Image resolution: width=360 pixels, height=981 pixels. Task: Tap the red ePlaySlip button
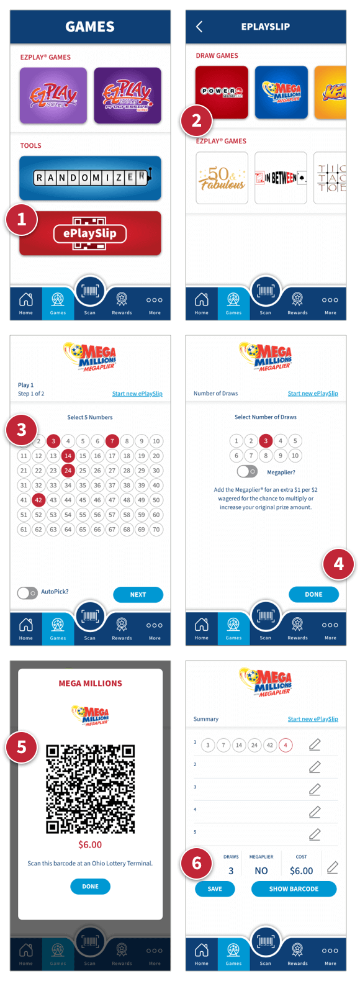(90, 233)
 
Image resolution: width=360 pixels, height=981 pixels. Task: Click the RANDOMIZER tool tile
(90, 178)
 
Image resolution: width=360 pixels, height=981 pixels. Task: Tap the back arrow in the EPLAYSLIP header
(199, 27)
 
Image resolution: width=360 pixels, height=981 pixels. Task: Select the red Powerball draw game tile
(222, 92)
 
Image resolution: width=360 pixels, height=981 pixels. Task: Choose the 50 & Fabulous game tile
(222, 178)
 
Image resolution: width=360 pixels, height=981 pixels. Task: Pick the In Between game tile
(281, 178)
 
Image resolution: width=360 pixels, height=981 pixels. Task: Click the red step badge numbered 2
(196, 120)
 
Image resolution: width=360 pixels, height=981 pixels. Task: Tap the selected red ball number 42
(38, 500)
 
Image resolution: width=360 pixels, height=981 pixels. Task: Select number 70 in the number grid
(156, 530)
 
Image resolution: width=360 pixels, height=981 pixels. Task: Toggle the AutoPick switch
(27, 593)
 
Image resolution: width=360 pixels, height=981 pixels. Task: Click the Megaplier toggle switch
(246, 472)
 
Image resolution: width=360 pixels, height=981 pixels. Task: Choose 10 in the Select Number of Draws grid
(295, 456)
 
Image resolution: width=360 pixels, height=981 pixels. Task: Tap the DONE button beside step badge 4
(313, 594)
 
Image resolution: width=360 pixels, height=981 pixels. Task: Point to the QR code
(90, 789)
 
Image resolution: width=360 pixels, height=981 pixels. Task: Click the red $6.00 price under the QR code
(90, 845)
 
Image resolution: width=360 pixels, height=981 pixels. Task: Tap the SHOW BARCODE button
(294, 889)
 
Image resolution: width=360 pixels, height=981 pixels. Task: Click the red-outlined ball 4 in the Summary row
(286, 745)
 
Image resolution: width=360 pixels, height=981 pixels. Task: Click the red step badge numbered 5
(22, 746)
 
